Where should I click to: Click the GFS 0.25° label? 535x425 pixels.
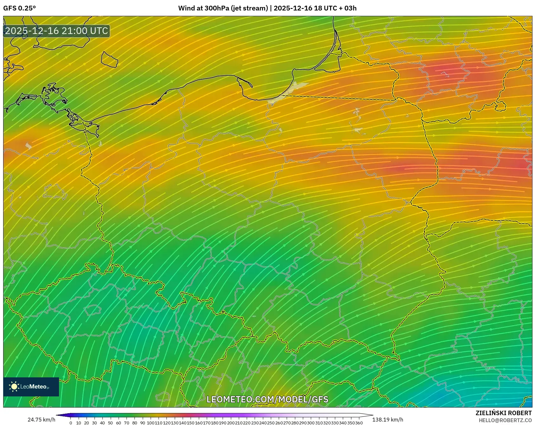(x=19, y=8)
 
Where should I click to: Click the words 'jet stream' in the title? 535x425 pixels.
(x=250, y=8)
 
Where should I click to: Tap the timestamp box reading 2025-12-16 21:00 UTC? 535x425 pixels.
(x=57, y=31)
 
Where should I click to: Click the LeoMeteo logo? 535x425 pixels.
(x=31, y=387)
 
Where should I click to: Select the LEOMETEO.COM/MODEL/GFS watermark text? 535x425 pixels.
(x=267, y=399)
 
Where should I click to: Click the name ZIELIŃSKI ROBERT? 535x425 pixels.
(x=503, y=413)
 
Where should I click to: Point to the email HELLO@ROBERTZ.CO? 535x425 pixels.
(x=505, y=420)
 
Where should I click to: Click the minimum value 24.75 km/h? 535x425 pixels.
(x=41, y=420)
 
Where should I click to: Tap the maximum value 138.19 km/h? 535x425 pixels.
(x=388, y=420)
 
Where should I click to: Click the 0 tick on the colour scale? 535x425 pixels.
(x=71, y=423)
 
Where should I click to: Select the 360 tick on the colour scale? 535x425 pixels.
(x=359, y=423)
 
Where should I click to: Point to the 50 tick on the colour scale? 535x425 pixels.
(x=110, y=423)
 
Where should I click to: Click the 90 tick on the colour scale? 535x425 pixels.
(x=142, y=423)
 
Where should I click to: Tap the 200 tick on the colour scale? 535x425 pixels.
(x=231, y=423)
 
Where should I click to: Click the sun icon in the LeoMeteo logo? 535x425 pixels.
(x=14, y=387)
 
